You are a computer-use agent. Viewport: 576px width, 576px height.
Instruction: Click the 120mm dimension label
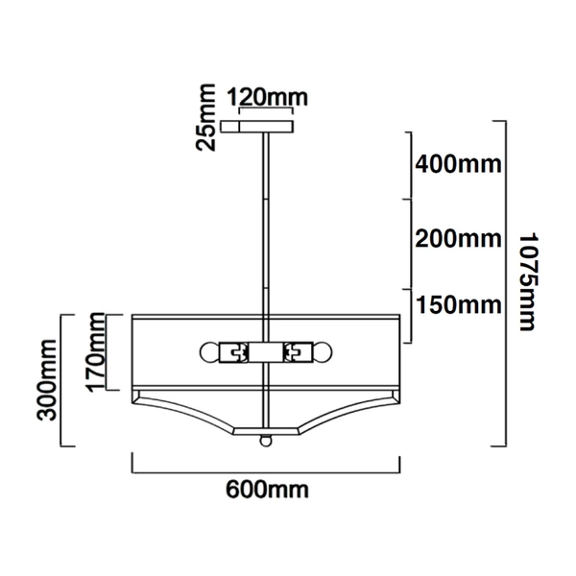click(260, 98)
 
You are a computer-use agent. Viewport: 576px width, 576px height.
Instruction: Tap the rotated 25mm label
click(204, 126)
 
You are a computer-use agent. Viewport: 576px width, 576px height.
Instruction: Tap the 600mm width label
click(267, 490)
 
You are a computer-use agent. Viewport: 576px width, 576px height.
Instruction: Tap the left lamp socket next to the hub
click(233, 351)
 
